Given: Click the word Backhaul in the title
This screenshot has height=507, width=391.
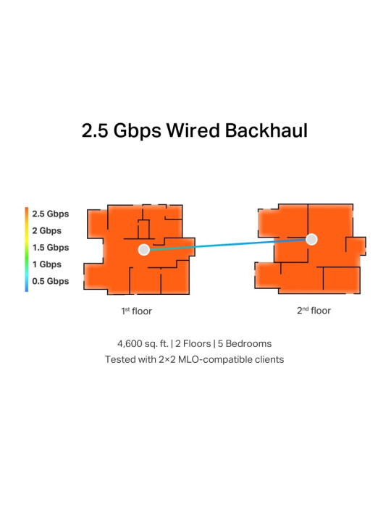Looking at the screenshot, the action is click(x=266, y=130).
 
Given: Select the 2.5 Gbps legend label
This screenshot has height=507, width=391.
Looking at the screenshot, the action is click(x=51, y=214).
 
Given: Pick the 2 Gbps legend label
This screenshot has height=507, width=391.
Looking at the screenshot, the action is click(x=47, y=231).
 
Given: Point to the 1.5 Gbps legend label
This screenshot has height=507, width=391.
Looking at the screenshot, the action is click(x=51, y=248).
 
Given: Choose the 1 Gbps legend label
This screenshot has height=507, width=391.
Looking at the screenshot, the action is click(x=47, y=264).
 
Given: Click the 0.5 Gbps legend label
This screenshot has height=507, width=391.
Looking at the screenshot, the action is click(x=51, y=281).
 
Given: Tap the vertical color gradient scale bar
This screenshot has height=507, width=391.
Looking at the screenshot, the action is click(x=27, y=250).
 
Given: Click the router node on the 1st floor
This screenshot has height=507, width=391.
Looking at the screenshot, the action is click(x=144, y=250).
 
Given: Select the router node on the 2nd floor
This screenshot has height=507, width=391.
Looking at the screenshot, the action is click(x=311, y=239).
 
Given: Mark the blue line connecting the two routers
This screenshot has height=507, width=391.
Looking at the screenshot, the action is click(x=228, y=245).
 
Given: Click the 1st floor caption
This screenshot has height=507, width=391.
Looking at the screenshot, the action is click(x=136, y=311).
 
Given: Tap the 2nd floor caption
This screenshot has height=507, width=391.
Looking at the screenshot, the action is click(x=314, y=311).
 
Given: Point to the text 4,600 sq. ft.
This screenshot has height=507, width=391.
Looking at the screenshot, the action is click(x=143, y=344).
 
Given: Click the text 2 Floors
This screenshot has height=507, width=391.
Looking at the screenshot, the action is click(x=193, y=343).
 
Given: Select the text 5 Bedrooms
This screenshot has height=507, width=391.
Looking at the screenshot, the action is click(x=245, y=343).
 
